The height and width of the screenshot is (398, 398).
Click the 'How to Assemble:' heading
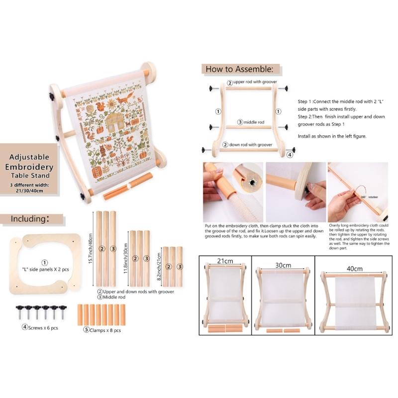pos(239,69)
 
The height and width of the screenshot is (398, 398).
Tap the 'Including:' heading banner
pos(30,219)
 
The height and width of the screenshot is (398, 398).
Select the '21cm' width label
pos(225,261)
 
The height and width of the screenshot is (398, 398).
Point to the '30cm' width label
pos(283,265)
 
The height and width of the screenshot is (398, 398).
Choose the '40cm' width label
pos(354,268)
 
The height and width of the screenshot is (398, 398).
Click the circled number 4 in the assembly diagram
pos(290,154)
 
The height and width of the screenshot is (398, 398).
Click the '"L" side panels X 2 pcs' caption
pos(45,269)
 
